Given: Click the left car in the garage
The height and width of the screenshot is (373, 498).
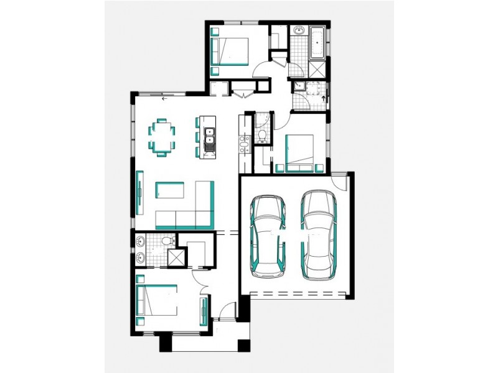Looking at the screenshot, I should pos(268,236).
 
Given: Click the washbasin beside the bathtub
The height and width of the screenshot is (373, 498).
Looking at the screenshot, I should pos(298,31).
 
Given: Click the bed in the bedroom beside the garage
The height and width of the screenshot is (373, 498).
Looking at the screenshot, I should pos(300,152).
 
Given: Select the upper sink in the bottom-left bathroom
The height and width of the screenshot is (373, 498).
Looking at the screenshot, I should pos(140,241).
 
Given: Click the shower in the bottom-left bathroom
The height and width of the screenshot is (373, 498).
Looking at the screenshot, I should pos(177,257).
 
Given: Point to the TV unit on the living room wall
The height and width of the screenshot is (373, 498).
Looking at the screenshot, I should pos(139,192).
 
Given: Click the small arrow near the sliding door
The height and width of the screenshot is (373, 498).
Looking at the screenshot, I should pos(164,98).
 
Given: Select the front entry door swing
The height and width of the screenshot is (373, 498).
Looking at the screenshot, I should pos(228,311).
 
